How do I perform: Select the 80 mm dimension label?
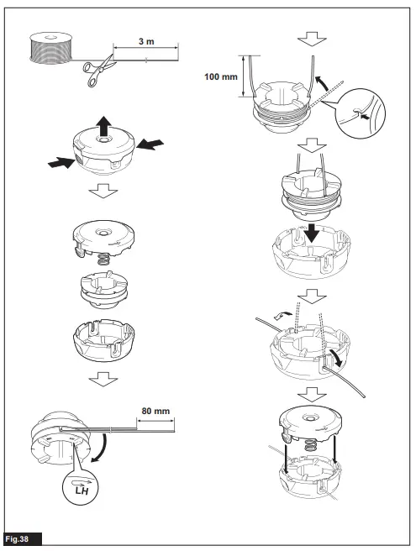[156, 412]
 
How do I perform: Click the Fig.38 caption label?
[21, 535]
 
